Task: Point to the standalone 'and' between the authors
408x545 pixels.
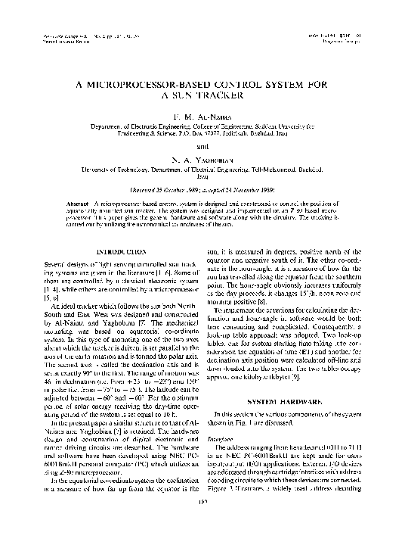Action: click(x=203, y=145)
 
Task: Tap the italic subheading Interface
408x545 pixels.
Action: click(x=228, y=438)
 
